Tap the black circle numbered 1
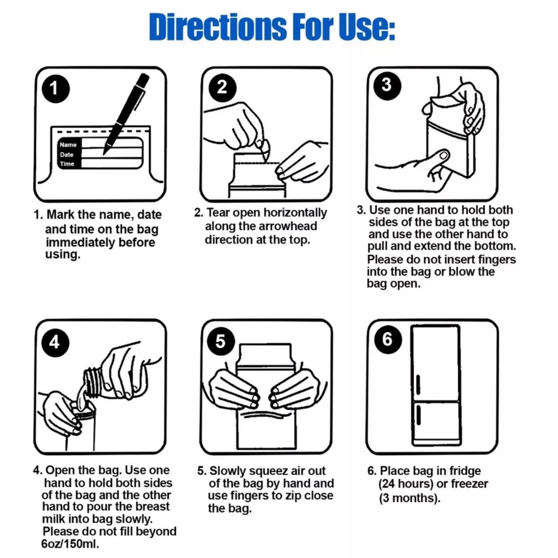coord(56,88)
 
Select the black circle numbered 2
coord(222,88)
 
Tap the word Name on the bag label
coord(68,145)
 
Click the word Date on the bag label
coord(67,154)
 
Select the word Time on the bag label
coord(67,164)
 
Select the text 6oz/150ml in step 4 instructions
coord(71,544)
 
